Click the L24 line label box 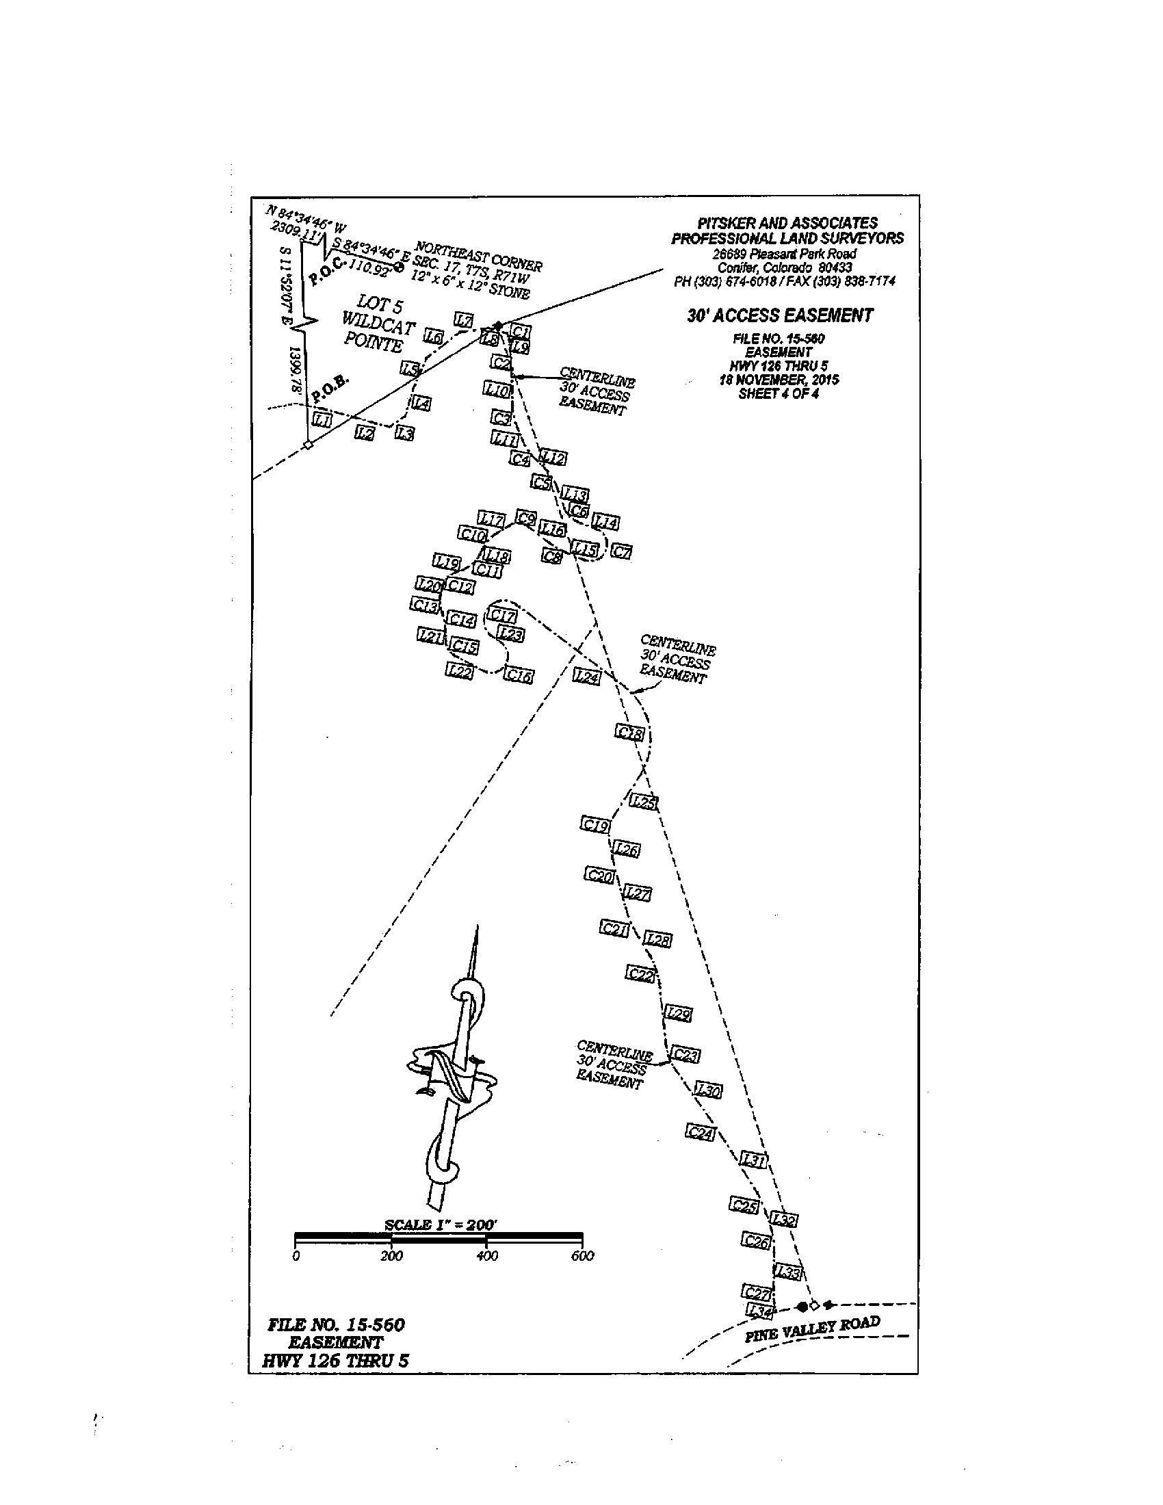587,677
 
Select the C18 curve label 629,733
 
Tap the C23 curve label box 686,1054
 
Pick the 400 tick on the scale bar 487,1255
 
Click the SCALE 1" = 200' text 441,1225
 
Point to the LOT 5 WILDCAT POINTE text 378,323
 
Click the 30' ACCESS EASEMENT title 780,315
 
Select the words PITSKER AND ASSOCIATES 787,222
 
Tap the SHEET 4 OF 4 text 779,394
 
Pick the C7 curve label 621,551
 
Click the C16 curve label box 519,676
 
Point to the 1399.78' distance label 297,369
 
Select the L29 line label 678,1014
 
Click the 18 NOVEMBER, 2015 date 779,380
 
